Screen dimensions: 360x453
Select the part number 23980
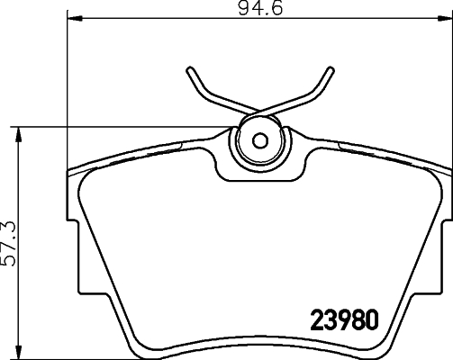tap(344, 318)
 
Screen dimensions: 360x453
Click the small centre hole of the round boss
tap(260, 140)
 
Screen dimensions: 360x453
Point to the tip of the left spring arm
tap(191, 69)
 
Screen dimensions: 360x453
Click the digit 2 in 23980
tap(317, 318)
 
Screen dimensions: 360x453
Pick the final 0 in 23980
tap(370, 318)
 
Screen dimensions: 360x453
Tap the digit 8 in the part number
tap(357, 318)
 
